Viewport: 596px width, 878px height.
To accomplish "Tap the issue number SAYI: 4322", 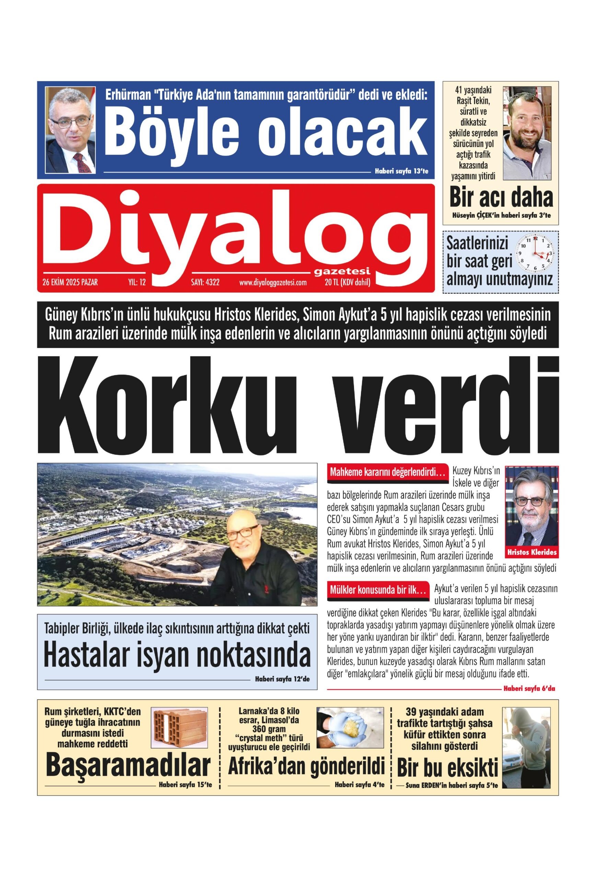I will [x=205, y=282].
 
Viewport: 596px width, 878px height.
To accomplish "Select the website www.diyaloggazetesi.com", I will [x=272, y=283].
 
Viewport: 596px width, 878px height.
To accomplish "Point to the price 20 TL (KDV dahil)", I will [x=347, y=282].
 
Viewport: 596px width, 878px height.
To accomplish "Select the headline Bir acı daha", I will [x=501, y=197].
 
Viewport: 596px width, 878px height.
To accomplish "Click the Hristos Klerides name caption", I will [x=532, y=552].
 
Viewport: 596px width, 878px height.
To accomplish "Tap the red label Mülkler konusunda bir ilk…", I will [x=378, y=591].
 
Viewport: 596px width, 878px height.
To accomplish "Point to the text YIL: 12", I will [x=137, y=282].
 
